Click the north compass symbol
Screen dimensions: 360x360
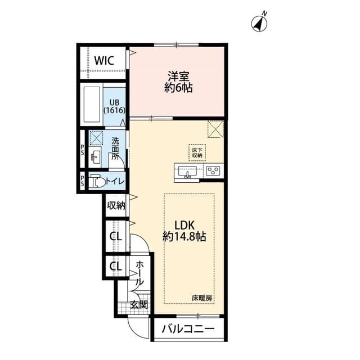point(259,23)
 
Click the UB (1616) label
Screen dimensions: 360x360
point(114,106)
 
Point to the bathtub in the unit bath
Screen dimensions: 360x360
point(91,106)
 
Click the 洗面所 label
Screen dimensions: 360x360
point(115,148)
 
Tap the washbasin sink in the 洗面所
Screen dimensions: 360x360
point(96,156)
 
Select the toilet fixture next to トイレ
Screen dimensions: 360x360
point(98,181)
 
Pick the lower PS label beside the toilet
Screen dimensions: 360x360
point(82,181)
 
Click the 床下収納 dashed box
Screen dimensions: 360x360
point(197,152)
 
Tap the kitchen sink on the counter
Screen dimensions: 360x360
point(187,171)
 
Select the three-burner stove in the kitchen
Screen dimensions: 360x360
point(213,170)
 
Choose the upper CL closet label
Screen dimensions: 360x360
point(115,236)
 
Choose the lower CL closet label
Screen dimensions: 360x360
point(115,266)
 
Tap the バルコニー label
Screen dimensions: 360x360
point(188,329)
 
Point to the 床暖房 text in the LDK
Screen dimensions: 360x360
point(201,297)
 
